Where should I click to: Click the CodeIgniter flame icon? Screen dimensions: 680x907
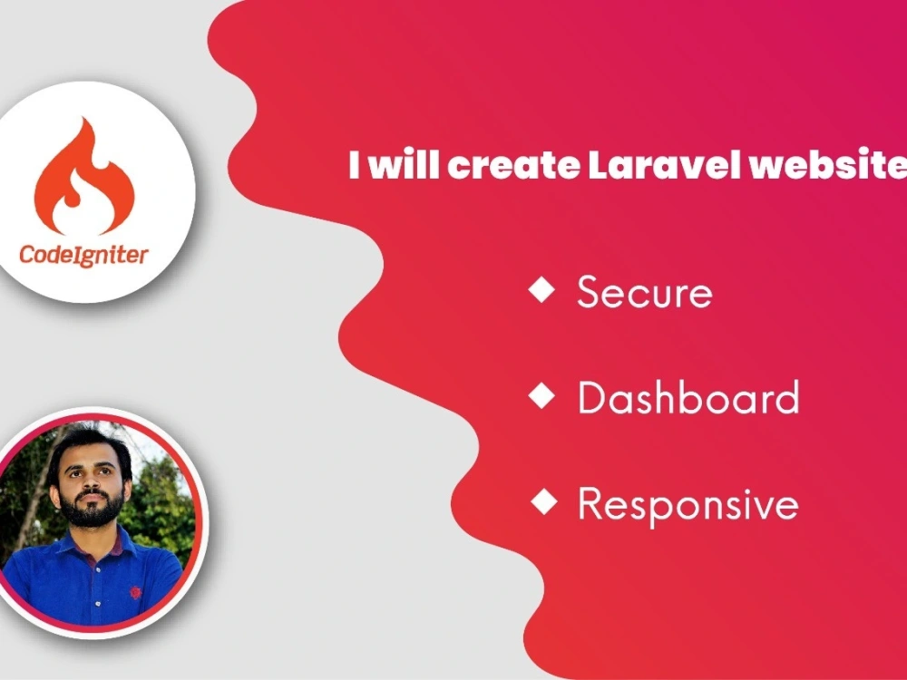[83, 177]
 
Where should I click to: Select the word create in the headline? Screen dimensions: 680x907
[512, 166]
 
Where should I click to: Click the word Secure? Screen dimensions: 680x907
[644, 293]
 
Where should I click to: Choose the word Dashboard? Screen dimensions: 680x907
[688, 398]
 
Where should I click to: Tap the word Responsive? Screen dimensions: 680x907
[688, 504]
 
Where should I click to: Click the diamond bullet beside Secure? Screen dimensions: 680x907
[542, 290]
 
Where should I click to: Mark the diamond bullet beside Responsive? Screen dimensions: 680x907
[542, 501]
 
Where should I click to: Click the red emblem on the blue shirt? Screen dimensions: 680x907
[135, 592]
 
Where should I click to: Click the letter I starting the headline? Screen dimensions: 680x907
[355, 166]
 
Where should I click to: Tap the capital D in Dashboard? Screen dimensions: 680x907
[590, 398]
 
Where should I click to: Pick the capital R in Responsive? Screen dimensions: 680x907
[590, 503]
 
